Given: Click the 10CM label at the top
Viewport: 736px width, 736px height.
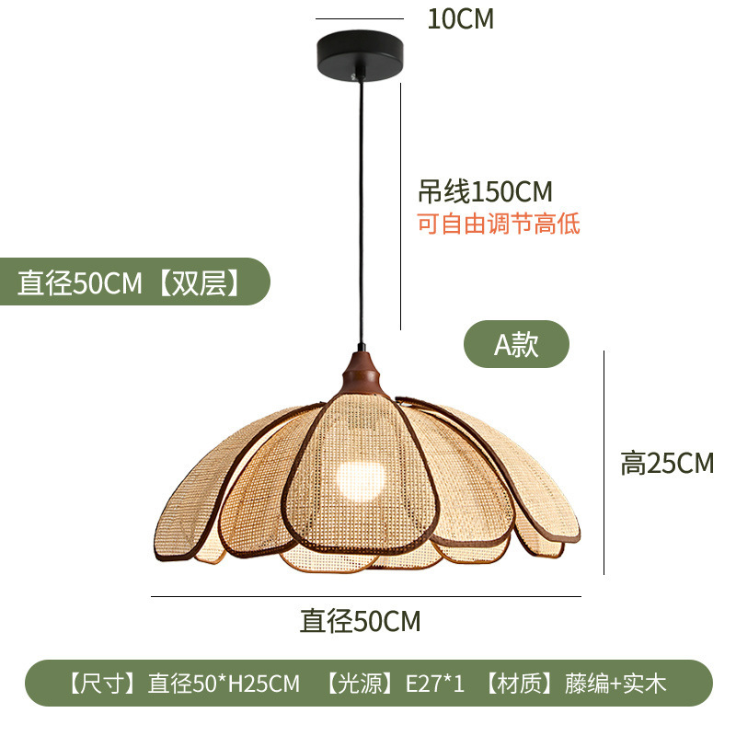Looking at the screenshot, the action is pyautogui.click(x=460, y=19).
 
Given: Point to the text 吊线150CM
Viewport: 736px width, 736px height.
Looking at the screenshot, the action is pyautogui.click(x=485, y=191).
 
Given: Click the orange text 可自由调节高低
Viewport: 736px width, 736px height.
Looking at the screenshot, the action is pyautogui.click(x=499, y=224).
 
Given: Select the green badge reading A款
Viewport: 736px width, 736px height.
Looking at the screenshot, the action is pyautogui.click(x=516, y=344).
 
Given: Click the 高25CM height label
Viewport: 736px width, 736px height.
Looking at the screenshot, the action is pyautogui.click(x=667, y=463).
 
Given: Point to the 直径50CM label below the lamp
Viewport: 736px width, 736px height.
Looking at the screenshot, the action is pyautogui.click(x=360, y=621).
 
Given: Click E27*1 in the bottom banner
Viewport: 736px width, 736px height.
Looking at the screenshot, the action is pyautogui.click(x=436, y=684).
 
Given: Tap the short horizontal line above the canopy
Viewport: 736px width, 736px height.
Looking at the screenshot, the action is pyautogui.click(x=360, y=18).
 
